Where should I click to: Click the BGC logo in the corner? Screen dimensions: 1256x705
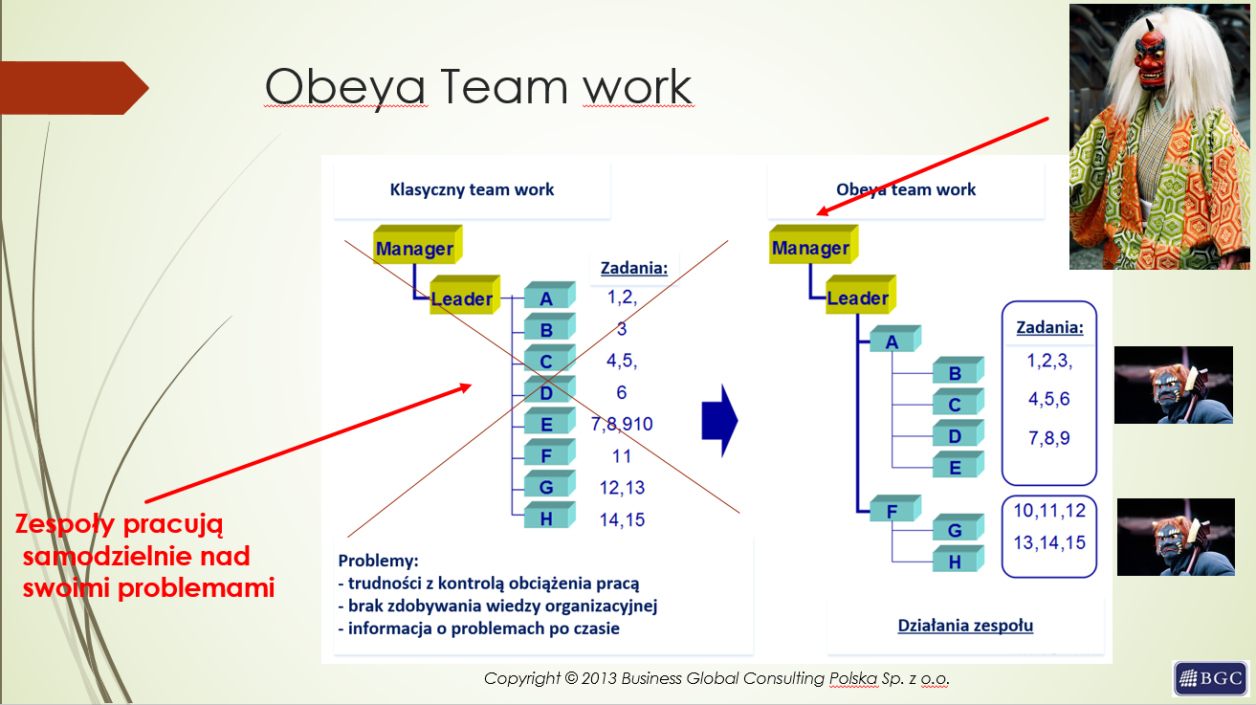pyautogui.click(x=1211, y=678)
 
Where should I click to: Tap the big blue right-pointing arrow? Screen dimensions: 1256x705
pyautogui.click(x=720, y=421)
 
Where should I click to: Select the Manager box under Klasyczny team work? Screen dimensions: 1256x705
pyautogui.click(x=418, y=245)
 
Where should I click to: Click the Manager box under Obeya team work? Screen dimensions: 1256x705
pyautogui.click(x=814, y=244)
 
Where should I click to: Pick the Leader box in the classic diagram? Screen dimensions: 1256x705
pyautogui.click(x=465, y=295)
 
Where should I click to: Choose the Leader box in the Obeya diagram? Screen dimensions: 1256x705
pyautogui.click(x=861, y=294)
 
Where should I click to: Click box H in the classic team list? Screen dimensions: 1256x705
pyautogui.click(x=549, y=515)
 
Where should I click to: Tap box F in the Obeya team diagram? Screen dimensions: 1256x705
pyautogui.click(x=895, y=508)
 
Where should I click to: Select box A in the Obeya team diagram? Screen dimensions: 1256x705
pyautogui.click(x=895, y=339)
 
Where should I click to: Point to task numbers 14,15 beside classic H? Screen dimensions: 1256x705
pyautogui.click(x=622, y=519)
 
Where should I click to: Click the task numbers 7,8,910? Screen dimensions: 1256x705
pyautogui.click(x=622, y=424)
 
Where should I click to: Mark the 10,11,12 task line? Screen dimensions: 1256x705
pyautogui.click(x=1049, y=511)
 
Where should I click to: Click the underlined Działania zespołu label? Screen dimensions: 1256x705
pyautogui.click(x=965, y=626)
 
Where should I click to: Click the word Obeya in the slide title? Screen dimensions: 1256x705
pyautogui.click(x=345, y=87)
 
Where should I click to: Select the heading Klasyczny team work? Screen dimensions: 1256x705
pyautogui.click(x=472, y=189)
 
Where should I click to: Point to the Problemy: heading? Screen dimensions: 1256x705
pyautogui.click(x=378, y=561)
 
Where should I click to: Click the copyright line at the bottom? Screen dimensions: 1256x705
pyautogui.click(x=716, y=678)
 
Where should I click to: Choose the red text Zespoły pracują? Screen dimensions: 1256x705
pyautogui.click(x=119, y=524)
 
